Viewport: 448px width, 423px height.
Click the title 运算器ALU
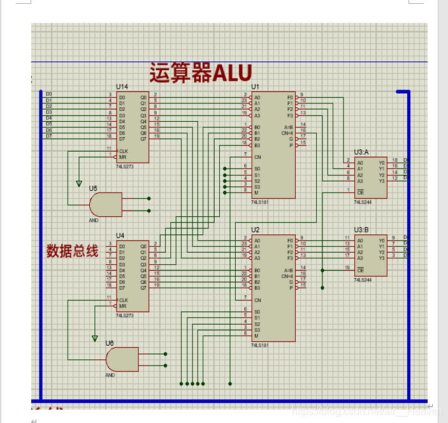[x=201, y=72]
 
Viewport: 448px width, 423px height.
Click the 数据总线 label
[x=72, y=251]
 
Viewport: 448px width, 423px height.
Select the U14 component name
[x=122, y=86]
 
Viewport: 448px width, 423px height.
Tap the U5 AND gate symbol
[x=106, y=204]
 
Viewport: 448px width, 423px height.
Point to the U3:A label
[x=362, y=152]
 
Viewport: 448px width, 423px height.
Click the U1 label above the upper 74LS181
[x=256, y=86]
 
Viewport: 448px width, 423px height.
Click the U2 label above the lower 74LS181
[x=256, y=230]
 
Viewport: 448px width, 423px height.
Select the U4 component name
[x=120, y=236]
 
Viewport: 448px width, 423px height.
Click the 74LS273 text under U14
[x=126, y=166]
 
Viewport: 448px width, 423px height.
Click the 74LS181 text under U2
[x=260, y=345]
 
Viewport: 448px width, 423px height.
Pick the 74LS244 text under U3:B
[x=363, y=279]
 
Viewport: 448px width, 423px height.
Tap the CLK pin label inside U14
[x=123, y=151]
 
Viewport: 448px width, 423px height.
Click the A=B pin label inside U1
[x=288, y=126]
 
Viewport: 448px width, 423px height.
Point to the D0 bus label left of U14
[x=49, y=94]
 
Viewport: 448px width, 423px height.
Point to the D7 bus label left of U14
[x=49, y=136]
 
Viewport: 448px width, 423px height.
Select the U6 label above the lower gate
[x=110, y=343]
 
